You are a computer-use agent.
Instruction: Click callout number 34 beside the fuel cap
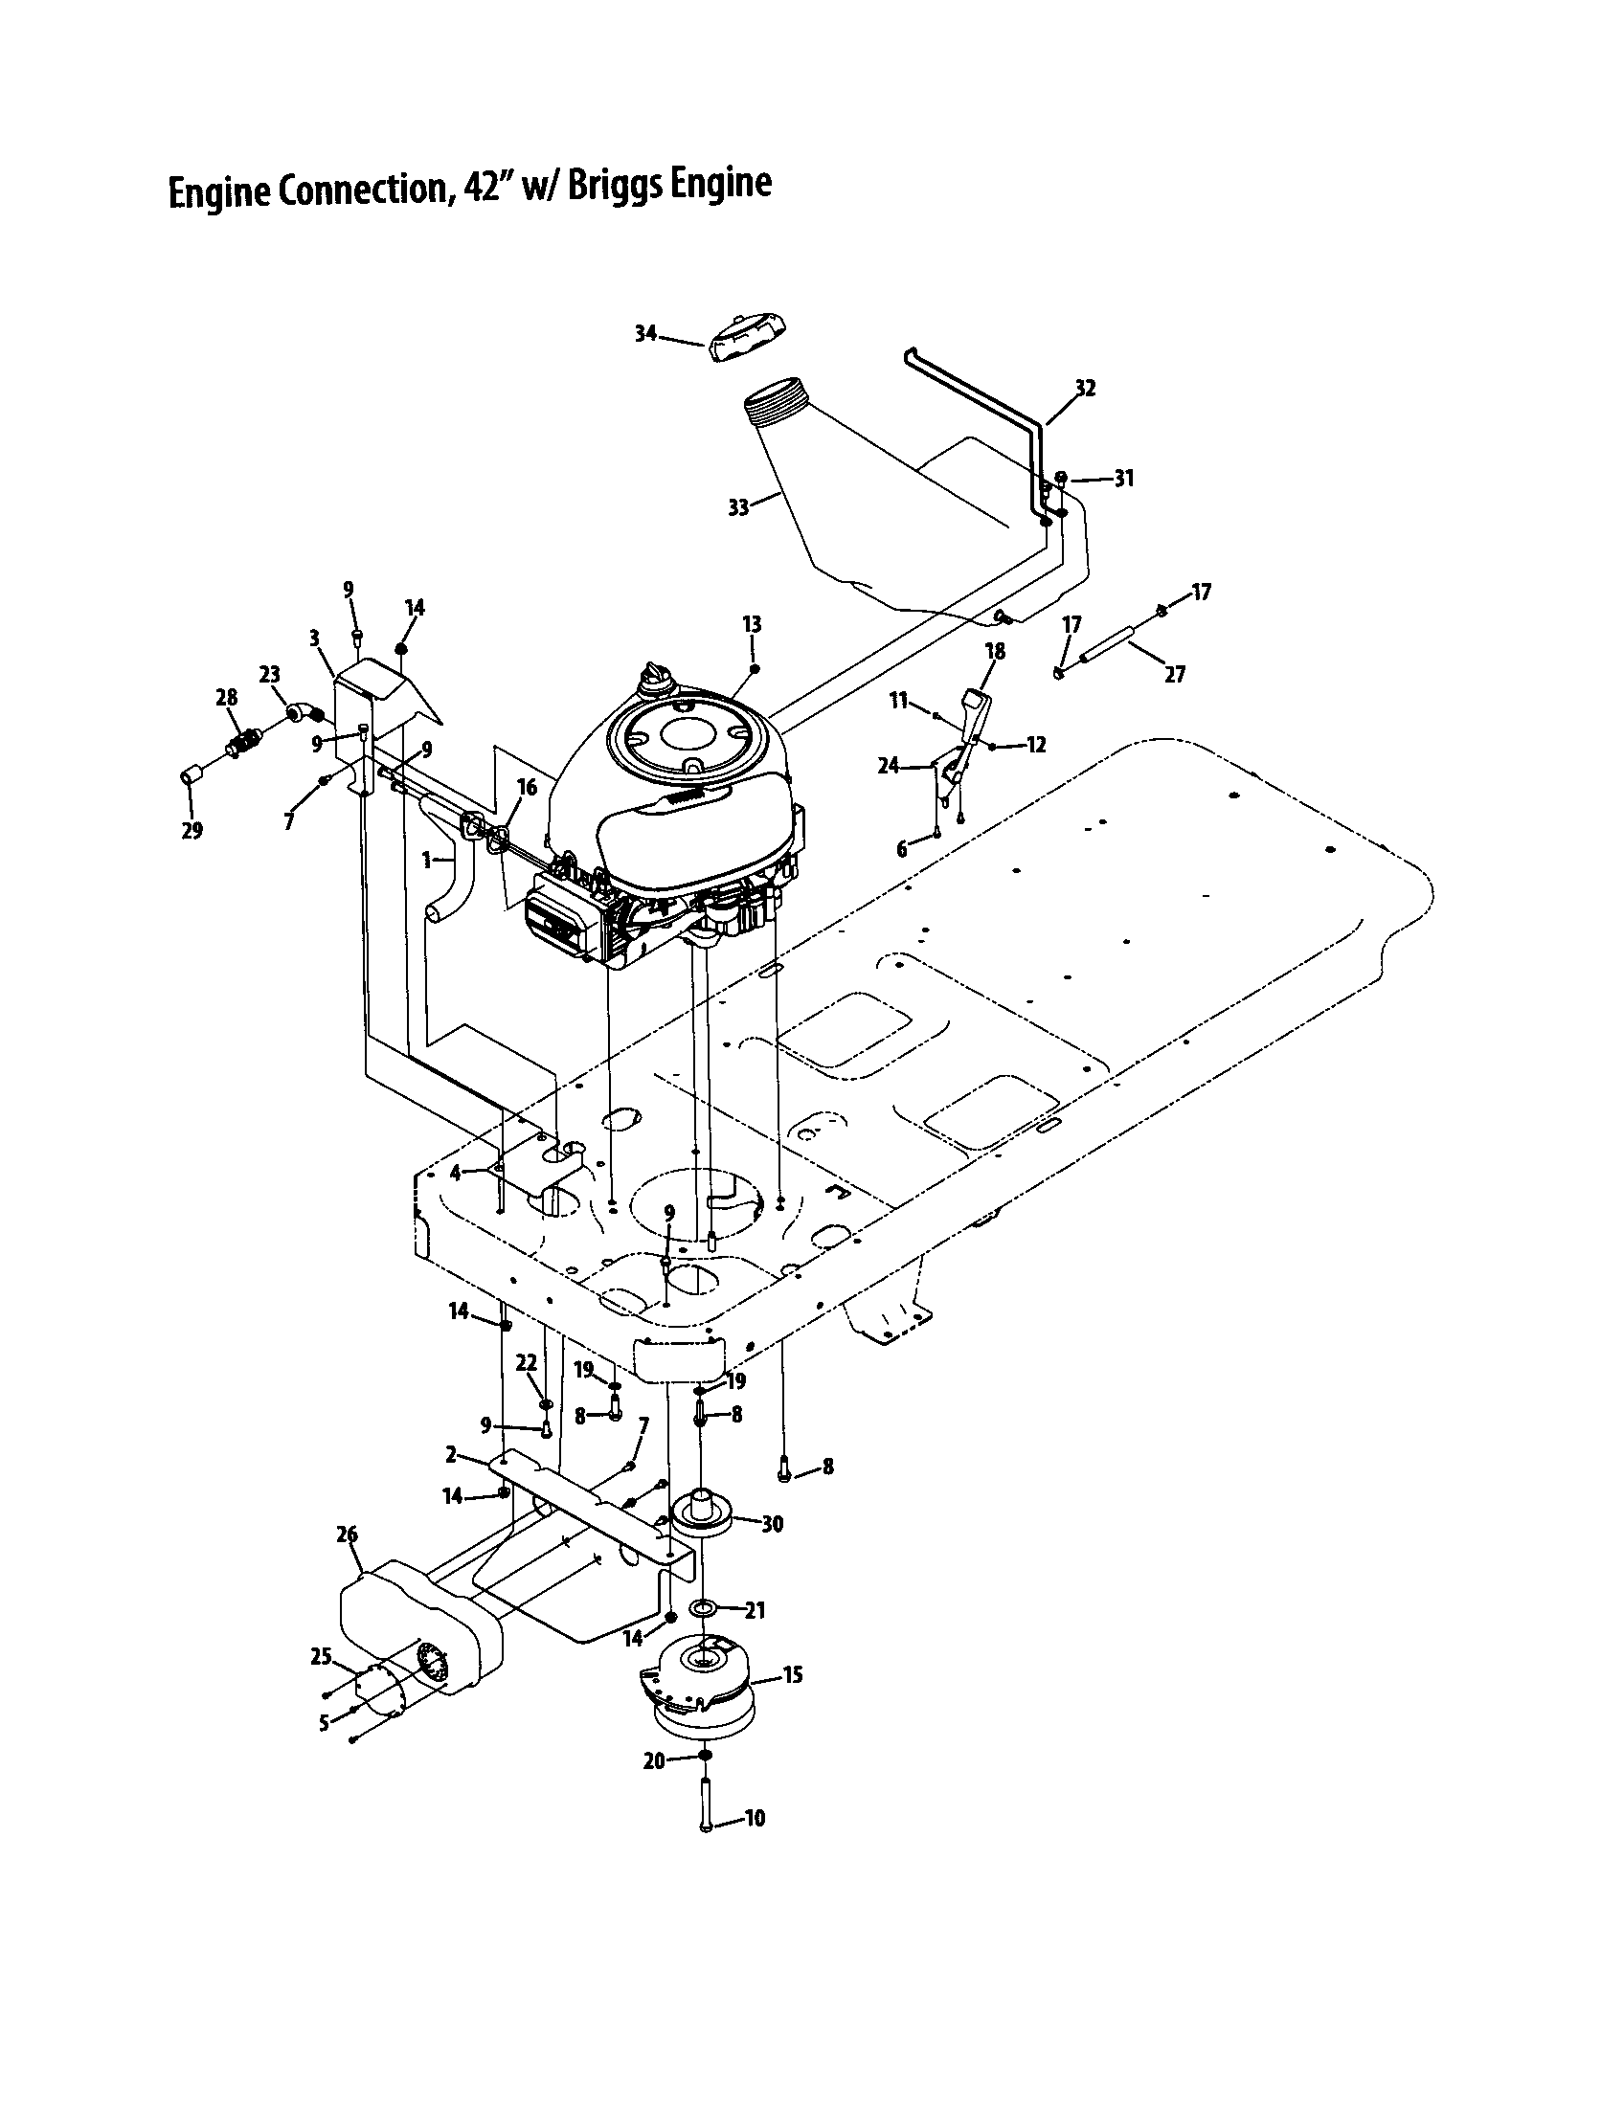point(645,334)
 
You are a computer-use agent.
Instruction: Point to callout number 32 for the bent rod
point(1085,388)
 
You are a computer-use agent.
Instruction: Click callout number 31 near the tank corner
point(1123,479)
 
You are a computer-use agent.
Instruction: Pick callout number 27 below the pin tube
point(1174,675)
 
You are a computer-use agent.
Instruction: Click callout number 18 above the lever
point(994,652)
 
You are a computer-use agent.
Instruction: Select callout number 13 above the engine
point(753,624)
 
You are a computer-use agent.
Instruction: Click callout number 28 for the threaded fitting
point(227,697)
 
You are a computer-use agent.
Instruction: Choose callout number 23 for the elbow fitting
point(269,675)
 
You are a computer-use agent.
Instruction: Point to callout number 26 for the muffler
point(348,1534)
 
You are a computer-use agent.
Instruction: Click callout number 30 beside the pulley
point(773,1524)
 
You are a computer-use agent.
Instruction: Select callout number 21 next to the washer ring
point(756,1610)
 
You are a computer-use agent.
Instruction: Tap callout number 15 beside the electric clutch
point(792,1675)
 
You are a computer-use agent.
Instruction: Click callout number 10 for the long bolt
point(756,1819)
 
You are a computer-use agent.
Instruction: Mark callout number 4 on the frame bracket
point(456,1173)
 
